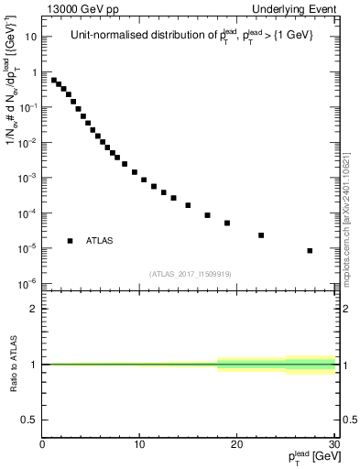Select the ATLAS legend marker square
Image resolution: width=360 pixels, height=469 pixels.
(x=70, y=241)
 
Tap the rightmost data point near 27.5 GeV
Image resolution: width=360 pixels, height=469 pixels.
(x=311, y=250)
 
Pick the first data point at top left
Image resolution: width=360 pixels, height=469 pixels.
(x=54, y=80)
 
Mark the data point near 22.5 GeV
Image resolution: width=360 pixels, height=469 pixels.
(x=261, y=235)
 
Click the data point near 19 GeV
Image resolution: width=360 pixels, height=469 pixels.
(x=227, y=223)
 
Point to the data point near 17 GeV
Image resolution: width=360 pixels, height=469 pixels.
(x=208, y=215)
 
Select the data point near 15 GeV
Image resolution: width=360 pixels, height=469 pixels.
(x=188, y=205)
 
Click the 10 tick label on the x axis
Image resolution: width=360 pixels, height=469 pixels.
(x=139, y=445)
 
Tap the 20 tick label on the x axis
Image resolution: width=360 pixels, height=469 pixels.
(x=237, y=445)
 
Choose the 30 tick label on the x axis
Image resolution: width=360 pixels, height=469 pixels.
(x=333, y=445)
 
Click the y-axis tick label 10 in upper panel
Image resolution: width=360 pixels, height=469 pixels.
(x=30, y=38)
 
